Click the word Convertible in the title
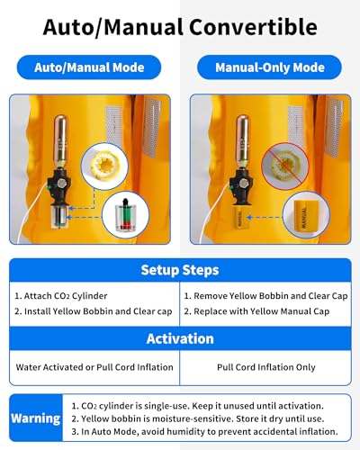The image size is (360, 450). coord(253,27)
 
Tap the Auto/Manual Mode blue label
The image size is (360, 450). coord(89,67)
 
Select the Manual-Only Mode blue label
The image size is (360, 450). coord(269,67)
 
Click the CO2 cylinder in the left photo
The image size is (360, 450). coord(61,140)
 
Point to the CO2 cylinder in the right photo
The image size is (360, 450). coord(243,140)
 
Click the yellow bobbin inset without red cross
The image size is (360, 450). coord(104,166)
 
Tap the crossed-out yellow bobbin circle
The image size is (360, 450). coord(285,166)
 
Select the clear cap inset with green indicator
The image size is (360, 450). coord(125,215)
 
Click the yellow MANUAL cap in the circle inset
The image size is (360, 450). coord(306,215)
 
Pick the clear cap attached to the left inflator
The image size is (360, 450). coord(60,217)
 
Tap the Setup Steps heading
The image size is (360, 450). coord(180,270)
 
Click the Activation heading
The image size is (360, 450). coord(180,338)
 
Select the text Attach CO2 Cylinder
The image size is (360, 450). coord(65,296)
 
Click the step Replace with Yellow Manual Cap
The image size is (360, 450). coord(261,311)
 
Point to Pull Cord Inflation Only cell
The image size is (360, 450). coord(266,367)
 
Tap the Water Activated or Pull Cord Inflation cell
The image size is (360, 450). coord(94,367)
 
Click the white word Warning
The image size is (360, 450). coord(36,418)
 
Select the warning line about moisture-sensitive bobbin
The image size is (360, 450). coord(198,418)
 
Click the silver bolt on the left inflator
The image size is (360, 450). coord(62,183)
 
